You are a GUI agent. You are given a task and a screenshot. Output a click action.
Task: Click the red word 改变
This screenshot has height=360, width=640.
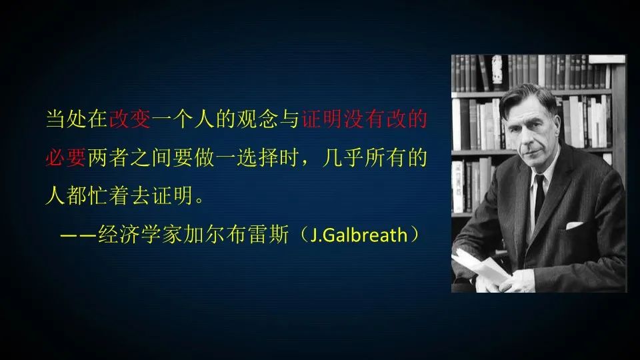(131, 120)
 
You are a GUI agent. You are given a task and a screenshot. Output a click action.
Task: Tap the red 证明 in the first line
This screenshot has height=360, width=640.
(323, 120)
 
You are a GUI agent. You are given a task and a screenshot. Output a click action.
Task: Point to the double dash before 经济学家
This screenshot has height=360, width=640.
(77, 236)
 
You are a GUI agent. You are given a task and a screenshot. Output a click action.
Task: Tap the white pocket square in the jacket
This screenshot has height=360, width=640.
(574, 225)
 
